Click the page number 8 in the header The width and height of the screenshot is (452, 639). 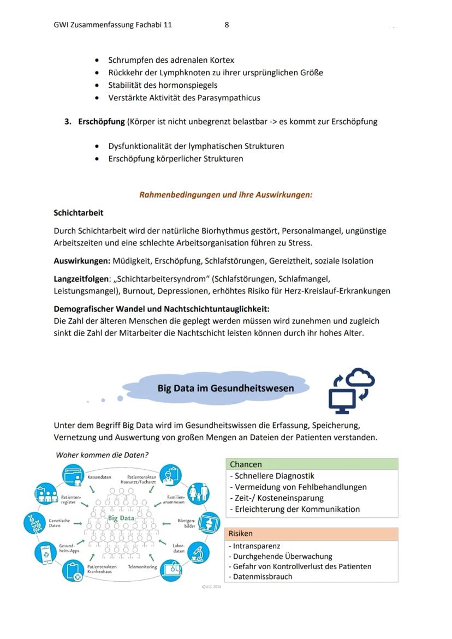tap(227, 25)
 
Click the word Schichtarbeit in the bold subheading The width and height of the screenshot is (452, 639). tap(79, 212)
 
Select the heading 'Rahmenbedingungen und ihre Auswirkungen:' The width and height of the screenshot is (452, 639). tap(226, 194)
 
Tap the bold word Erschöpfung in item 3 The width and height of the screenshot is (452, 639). tap(102, 122)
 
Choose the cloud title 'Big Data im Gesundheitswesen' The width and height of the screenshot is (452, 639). tap(225, 389)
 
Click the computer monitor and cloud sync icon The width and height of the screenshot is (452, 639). tap(352, 390)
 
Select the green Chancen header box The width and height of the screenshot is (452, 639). tap(312, 464)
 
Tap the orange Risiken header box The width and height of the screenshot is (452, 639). tap(312, 534)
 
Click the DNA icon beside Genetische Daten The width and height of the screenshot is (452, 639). tap(34, 523)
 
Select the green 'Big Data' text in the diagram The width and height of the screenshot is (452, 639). tap(121, 518)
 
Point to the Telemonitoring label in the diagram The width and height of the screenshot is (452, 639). tap(142, 567)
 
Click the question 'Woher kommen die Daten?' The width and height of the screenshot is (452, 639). tap(102, 455)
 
